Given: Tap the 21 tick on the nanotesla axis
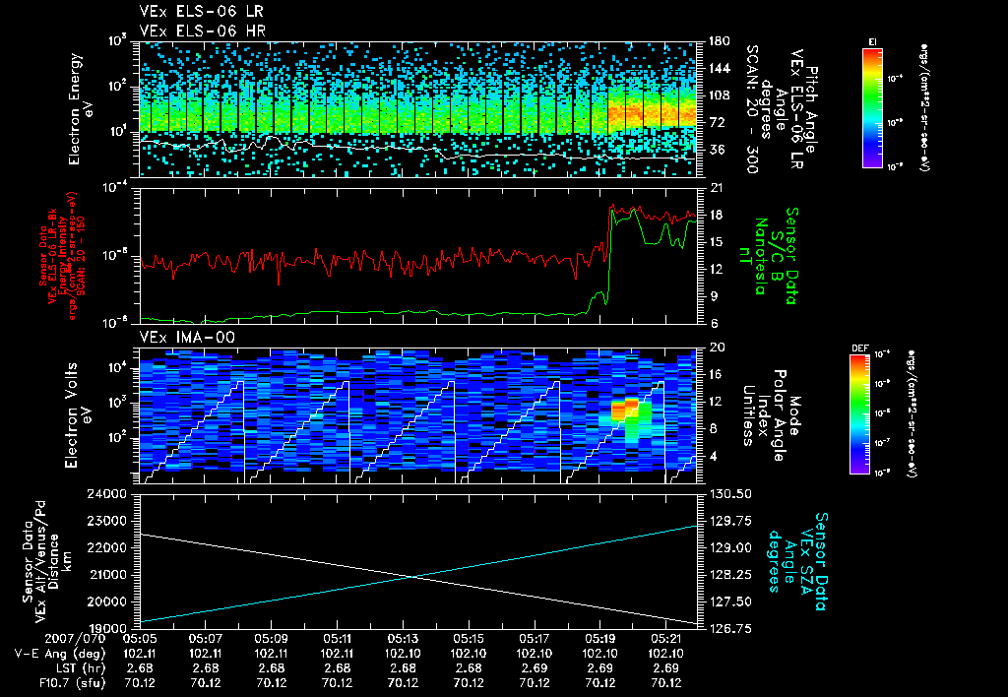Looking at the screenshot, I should click(x=716, y=188).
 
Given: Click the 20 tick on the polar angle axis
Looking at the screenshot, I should click(x=716, y=348).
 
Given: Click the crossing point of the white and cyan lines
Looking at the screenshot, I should click(x=410, y=576).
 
